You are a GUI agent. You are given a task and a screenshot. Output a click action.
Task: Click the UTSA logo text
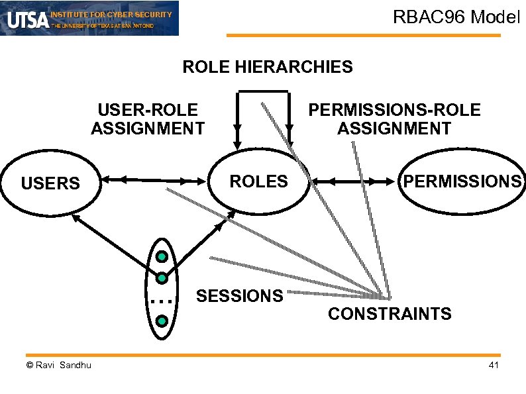pos(27,21)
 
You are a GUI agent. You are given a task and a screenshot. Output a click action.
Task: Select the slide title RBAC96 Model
pos(457,17)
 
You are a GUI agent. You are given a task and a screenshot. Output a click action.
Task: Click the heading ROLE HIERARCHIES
pos(268,67)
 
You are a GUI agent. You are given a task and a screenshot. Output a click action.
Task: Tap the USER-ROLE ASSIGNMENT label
pos(148,119)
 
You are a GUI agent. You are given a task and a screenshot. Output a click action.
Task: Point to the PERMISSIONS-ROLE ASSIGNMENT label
pos(394,119)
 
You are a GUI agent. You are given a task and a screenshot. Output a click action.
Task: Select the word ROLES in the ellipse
pos(258,181)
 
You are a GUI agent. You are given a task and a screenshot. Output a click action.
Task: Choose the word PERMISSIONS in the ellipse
pos(462,181)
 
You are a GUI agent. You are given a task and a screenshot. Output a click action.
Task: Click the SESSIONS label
pos(240,296)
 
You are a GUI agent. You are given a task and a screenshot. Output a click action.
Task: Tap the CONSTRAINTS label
pos(390,314)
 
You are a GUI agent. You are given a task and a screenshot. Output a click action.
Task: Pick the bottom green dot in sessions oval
pos(161,321)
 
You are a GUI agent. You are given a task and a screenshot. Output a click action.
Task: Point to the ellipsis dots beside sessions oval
pos(161,301)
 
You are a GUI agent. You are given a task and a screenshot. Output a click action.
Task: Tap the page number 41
pos(493,366)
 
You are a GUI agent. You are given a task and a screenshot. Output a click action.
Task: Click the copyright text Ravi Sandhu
pos(59,366)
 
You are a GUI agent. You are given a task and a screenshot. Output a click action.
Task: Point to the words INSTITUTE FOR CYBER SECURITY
pos(111,14)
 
